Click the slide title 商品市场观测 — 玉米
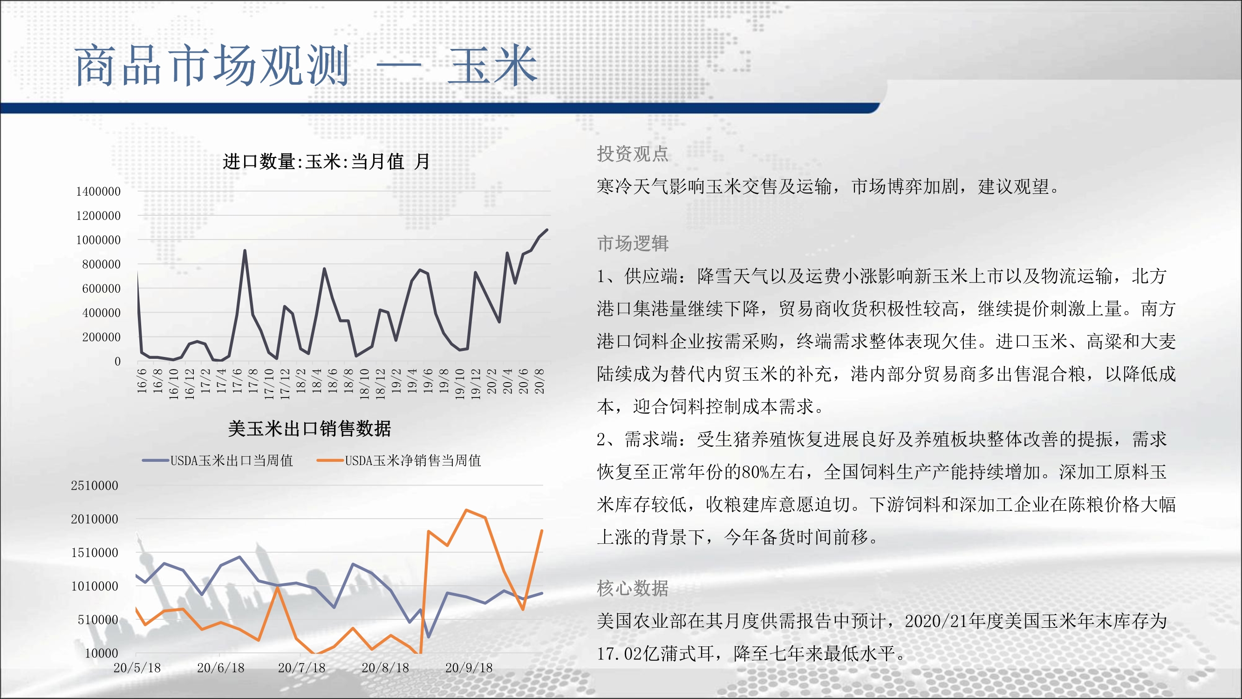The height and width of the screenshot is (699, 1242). click(x=306, y=66)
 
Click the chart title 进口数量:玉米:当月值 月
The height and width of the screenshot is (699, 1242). click(x=326, y=161)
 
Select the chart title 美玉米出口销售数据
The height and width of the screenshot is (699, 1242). click(x=309, y=428)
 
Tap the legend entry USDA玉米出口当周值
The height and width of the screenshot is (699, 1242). click(x=218, y=460)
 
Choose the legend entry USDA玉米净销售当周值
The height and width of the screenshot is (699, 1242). click(x=399, y=460)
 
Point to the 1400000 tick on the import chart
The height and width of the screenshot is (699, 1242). click(x=98, y=192)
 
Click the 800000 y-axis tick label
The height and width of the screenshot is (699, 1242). click(x=101, y=264)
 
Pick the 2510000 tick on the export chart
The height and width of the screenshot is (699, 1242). click(x=95, y=485)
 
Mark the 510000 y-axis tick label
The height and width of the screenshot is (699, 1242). click(x=98, y=619)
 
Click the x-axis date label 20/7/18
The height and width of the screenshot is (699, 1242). click(x=302, y=668)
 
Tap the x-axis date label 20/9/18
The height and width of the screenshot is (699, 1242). click(x=469, y=668)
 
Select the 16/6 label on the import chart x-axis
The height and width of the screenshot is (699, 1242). click(x=142, y=381)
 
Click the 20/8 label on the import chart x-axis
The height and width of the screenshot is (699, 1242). click(x=539, y=381)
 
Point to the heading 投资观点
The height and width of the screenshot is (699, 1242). click(x=633, y=153)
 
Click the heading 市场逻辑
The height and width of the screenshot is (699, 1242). click(x=633, y=243)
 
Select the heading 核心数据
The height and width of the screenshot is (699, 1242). click(x=633, y=588)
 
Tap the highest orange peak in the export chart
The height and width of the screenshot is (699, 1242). click(x=466, y=510)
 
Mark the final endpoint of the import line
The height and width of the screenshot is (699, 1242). click(x=547, y=230)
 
